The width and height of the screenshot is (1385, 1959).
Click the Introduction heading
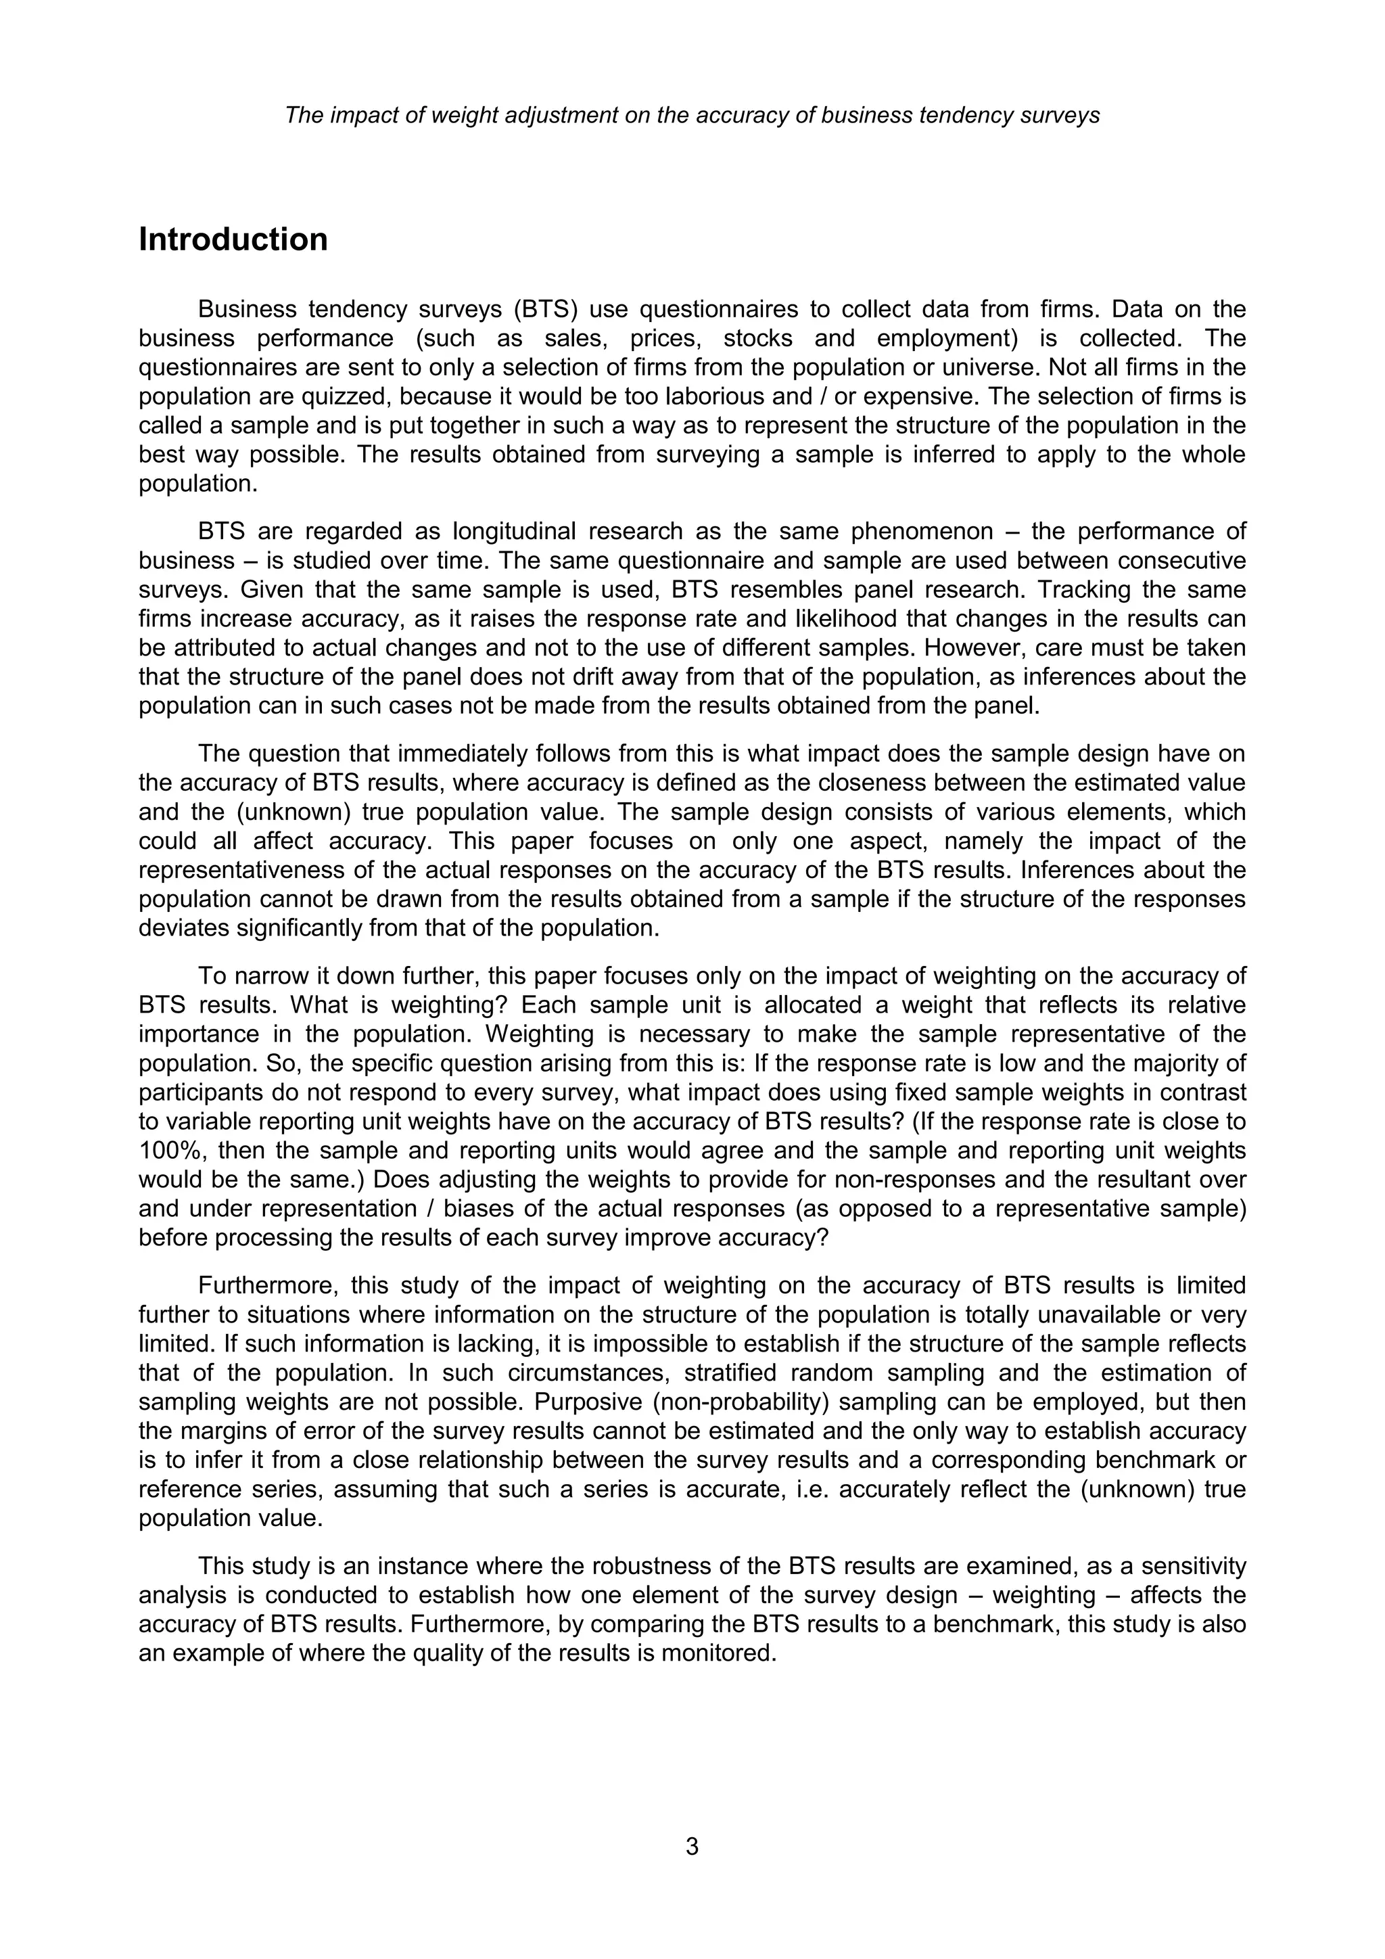(x=233, y=239)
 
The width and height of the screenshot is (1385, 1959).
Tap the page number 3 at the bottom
(x=692, y=1847)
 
